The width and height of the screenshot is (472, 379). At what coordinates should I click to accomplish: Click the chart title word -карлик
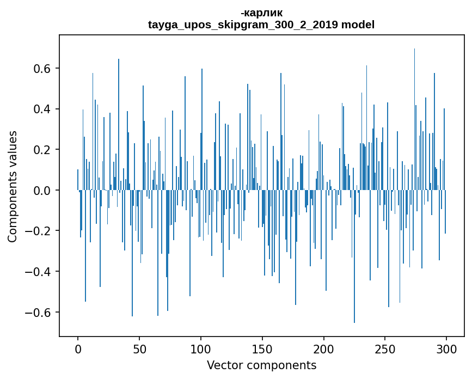tap(261, 13)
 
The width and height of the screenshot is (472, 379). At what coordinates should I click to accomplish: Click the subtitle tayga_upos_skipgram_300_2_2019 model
tap(261, 25)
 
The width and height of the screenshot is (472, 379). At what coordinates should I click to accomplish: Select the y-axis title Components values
tap(13, 186)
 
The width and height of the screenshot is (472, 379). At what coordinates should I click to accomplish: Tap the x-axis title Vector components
tap(261, 365)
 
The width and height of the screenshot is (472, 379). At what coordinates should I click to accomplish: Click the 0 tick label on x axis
tap(78, 349)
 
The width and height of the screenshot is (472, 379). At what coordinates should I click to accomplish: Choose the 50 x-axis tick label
tap(139, 349)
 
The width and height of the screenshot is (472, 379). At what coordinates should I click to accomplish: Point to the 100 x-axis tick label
tap(201, 349)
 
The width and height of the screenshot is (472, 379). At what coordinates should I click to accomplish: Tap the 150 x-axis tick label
tap(262, 349)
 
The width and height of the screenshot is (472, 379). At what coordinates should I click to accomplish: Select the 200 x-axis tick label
tap(324, 349)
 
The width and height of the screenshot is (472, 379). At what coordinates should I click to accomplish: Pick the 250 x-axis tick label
tap(385, 349)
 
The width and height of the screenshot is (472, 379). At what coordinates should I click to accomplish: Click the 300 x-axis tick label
tap(447, 349)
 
